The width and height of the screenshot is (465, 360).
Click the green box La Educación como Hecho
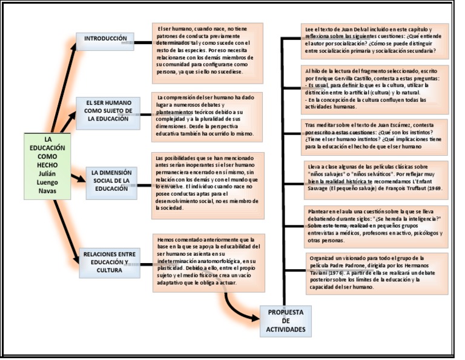click(47, 165)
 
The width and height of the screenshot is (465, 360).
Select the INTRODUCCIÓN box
click(105, 41)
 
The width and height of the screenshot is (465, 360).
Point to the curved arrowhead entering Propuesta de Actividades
click(254, 318)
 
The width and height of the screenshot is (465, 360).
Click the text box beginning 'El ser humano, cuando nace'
click(207, 53)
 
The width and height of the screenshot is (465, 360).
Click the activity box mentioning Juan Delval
click(375, 41)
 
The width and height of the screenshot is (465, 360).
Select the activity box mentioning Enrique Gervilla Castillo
click(375, 90)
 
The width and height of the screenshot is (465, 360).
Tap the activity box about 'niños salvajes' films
click(375, 180)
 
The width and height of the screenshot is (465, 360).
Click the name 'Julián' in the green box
click(47, 173)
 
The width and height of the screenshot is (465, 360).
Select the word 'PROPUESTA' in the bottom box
click(286, 312)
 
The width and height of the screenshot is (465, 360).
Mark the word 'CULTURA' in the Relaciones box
click(110, 270)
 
